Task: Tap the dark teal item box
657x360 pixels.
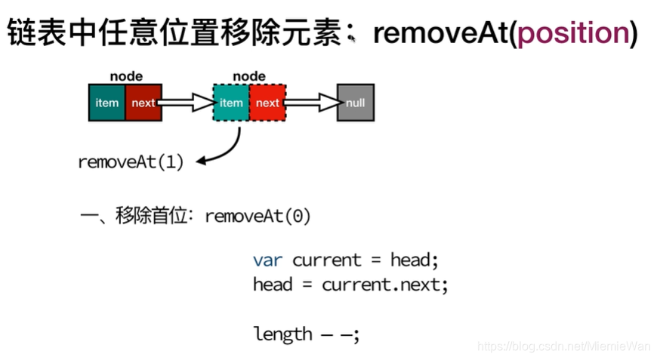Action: click(106, 103)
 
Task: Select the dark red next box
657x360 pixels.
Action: click(143, 103)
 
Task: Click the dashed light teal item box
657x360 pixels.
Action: click(231, 103)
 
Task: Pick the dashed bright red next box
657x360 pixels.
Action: click(267, 103)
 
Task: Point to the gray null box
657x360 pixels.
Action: click(355, 103)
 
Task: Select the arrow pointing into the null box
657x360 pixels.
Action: click(312, 103)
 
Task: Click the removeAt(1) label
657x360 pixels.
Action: click(131, 162)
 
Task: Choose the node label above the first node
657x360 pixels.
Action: click(125, 76)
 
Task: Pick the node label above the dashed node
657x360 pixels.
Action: click(249, 76)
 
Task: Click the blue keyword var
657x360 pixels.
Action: click(268, 260)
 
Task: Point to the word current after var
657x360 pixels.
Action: click(327, 260)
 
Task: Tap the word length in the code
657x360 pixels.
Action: click(282, 334)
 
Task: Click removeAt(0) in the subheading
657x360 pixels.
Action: click(258, 216)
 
